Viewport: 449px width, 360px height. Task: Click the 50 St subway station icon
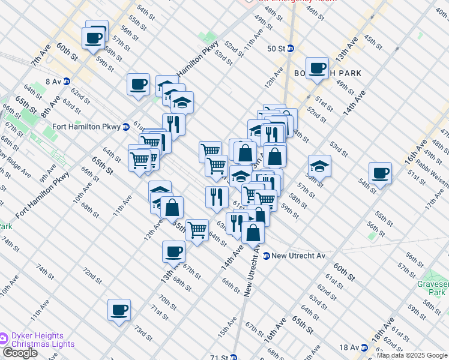coord(291,49)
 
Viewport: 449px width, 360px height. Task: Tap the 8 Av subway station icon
coord(67,81)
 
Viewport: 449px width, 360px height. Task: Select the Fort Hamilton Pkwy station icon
coord(126,127)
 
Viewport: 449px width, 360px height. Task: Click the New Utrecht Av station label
coord(298,256)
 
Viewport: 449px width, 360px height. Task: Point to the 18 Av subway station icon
coord(364,347)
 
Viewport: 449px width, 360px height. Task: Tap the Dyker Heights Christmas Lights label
coord(42,340)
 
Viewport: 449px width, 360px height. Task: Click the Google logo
coord(19,353)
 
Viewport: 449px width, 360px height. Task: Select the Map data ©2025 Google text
coord(412,355)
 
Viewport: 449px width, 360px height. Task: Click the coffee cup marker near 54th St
coord(380,173)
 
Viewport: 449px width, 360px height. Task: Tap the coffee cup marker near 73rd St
coord(119,310)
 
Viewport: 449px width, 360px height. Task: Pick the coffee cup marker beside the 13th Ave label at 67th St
coord(173,251)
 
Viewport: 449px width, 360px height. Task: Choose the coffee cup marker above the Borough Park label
coord(316,68)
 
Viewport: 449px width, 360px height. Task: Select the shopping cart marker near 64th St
coord(197,229)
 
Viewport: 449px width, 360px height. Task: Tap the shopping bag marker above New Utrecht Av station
coord(253,232)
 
